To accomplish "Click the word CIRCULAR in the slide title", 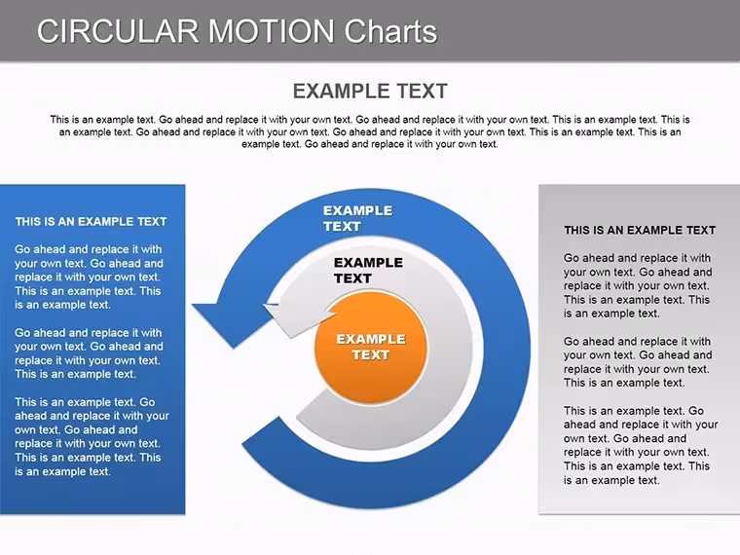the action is pyautogui.click(x=118, y=31).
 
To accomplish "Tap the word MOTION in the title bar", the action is pyautogui.click(x=272, y=31).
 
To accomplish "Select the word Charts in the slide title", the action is pyautogui.click(x=390, y=31).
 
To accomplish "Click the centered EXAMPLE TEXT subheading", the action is pyautogui.click(x=370, y=92).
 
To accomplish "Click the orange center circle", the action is pyautogui.click(x=371, y=348).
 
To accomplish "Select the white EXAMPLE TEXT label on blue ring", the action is pyautogui.click(x=357, y=218).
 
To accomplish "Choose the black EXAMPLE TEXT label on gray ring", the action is pyautogui.click(x=369, y=271).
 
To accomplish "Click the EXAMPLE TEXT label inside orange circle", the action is pyautogui.click(x=371, y=347).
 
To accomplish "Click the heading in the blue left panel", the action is pyautogui.click(x=91, y=222).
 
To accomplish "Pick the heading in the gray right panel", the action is pyautogui.click(x=640, y=231).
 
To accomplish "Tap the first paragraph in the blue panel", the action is pyautogui.click(x=89, y=277).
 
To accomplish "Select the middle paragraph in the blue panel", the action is pyautogui.click(x=89, y=353).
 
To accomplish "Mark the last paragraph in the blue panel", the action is pyautogui.click(x=92, y=436).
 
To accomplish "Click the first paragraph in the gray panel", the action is pyautogui.click(x=638, y=285).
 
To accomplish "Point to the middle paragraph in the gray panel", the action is pyautogui.click(x=638, y=362).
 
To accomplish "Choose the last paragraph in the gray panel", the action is pyautogui.click(x=641, y=445).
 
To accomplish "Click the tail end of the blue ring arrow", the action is pyautogui.click(x=261, y=431).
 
